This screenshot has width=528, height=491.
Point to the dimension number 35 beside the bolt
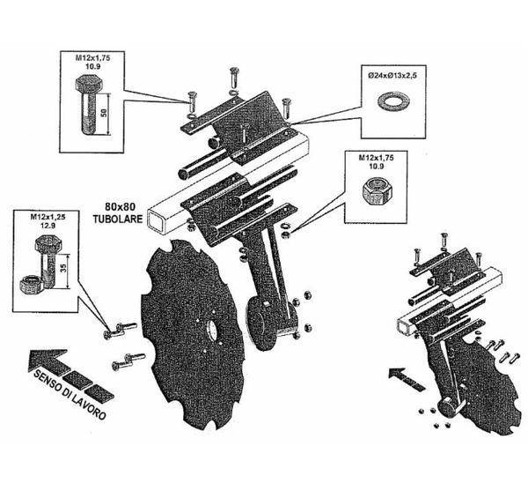[x=64, y=267]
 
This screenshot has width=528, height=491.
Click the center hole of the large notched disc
[x=212, y=331]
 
